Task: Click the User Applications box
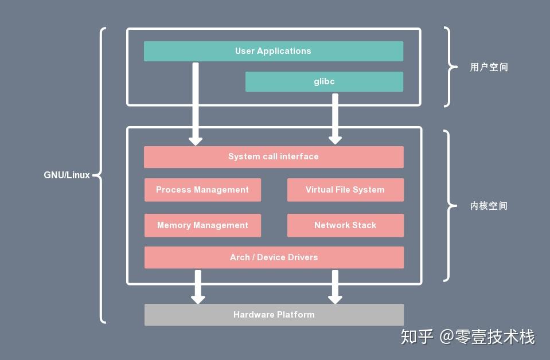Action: (x=273, y=51)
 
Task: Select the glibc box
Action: (x=324, y=81)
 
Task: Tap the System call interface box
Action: (x=273, y=156)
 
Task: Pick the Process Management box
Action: (x=202, y=190)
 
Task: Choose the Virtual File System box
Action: (x=345, y=190)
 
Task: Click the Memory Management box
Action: (x=202, y=225)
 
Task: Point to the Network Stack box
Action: (x=345, y=225)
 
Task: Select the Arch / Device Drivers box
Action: (x=274, y=257)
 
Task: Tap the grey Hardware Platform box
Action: (x=274, y=315)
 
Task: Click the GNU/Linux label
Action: (x=67, y=175)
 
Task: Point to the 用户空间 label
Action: (x=489, y=67)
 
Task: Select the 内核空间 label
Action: (x=489, y=206)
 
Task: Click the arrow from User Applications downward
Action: (x=196, y=103)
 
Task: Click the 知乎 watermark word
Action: (x=417, y=336)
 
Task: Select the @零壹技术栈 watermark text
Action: (x=487, y=336)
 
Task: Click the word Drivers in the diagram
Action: (x=302, y=257)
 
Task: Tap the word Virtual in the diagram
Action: (x=319, y=190)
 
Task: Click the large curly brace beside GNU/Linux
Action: (x=101, y=175)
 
